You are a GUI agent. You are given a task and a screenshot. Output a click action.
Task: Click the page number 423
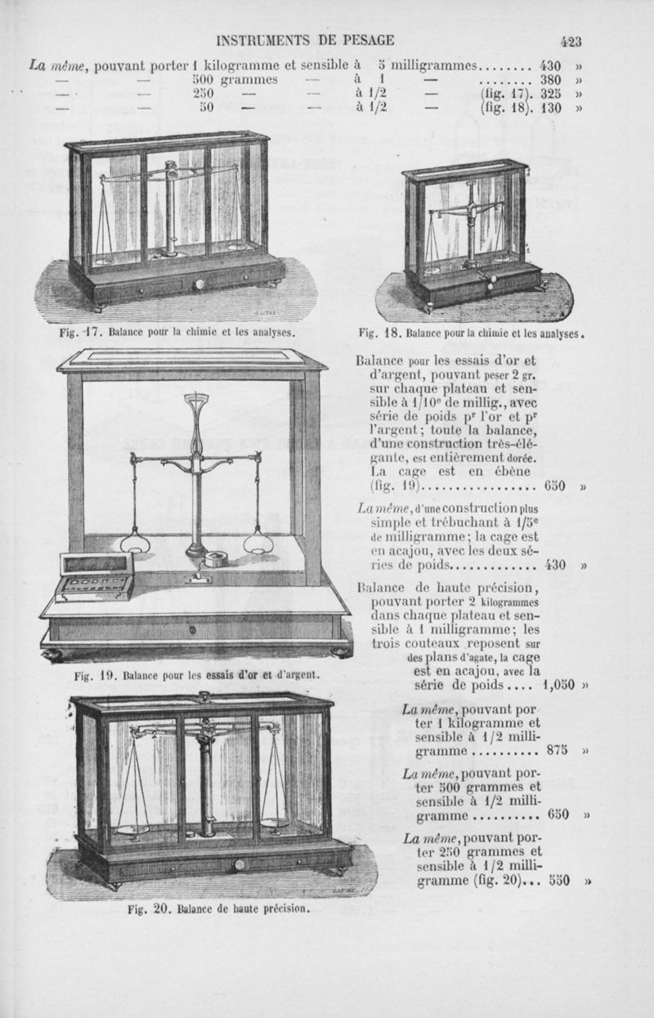pyautogui.click(x=571, y=42)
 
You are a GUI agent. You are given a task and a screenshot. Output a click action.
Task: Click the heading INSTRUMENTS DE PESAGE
pyautogui.click(x=305, y=41)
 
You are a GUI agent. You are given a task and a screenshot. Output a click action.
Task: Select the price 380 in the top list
pyautogui.click(x=550, y=80)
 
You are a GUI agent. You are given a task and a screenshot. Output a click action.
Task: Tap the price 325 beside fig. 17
pyautogui.click(x=550, y=94)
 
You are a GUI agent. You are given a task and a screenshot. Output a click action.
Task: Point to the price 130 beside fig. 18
pyautogui.click(x=551, y=108)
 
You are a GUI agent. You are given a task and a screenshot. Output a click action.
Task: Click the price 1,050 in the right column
pyautogui.click(x=559, y=685)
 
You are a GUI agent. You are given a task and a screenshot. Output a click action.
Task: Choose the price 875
pyautogui.click(x=558, y=750)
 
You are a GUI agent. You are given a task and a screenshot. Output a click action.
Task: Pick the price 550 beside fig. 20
pyautogui.click(x=559, y=880)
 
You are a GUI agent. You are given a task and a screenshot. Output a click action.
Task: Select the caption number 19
pyautogui.click(x=106, y=675)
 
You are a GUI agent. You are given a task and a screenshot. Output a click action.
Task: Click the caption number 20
pyautogui.click(x=161, y=909)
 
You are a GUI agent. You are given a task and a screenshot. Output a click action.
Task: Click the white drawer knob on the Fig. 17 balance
pyautogui.click(x=199, y=285)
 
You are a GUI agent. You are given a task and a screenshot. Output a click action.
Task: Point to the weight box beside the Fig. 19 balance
pyautogui.click(x=94, y=577)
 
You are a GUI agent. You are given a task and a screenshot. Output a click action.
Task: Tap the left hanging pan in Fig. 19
pyautogui.click(x=135, y=543)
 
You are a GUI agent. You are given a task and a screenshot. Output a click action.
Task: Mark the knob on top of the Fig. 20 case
pyautogui.click(x=204, y=696)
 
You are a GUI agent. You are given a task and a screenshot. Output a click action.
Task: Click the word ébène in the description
pyautogui.click(x=512, y=471)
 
